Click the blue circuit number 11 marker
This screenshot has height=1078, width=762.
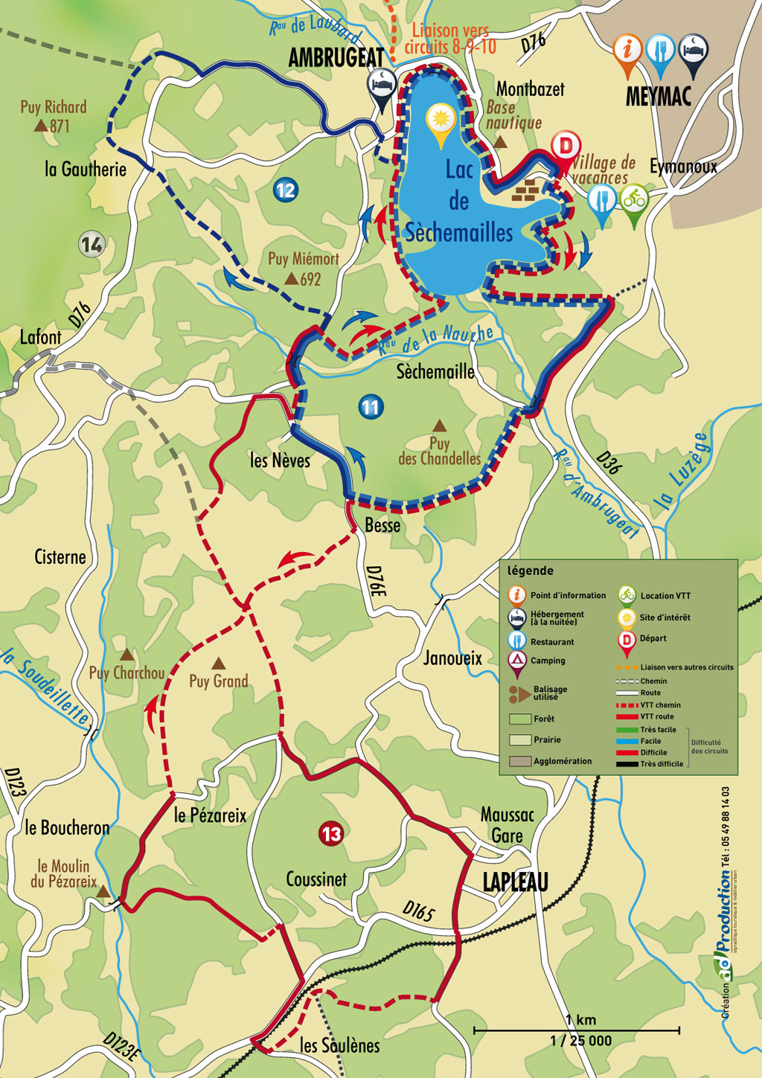click(370, 407)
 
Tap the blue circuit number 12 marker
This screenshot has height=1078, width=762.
click(285, 190)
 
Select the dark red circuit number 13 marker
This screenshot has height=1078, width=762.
click(331, 834)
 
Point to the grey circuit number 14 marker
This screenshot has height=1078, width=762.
click(92, 244)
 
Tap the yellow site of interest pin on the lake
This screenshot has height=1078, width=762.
click(441, 121)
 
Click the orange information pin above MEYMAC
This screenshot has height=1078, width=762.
click(627, 51)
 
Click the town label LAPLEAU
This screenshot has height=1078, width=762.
click(515, 882)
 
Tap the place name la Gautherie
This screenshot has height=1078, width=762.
click(86, 170)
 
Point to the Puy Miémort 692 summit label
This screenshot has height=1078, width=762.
click(303, 269)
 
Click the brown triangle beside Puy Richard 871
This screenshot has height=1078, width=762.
click(41, 126)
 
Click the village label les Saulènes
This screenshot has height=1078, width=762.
click(339, 1045)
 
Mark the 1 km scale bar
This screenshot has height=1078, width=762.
click(577, 1030)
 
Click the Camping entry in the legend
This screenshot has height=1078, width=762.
click(547, 661)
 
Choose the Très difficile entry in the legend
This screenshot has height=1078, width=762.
click(662, 764)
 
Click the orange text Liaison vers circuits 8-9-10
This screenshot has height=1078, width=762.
click(449, 39)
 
